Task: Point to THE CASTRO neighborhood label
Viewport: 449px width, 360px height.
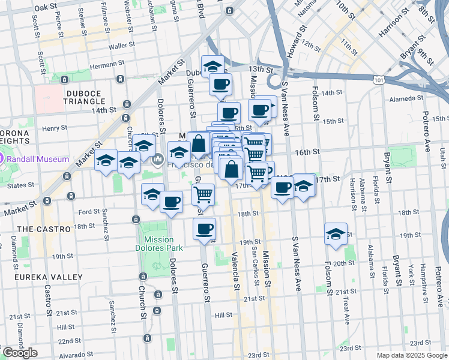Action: [44, 229]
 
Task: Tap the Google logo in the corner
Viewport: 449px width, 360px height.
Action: [19, 353]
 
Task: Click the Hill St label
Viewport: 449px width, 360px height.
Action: [223, 314]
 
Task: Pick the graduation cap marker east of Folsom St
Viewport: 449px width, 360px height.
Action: [336, 235]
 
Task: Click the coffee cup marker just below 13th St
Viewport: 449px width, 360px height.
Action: [220, 84]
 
